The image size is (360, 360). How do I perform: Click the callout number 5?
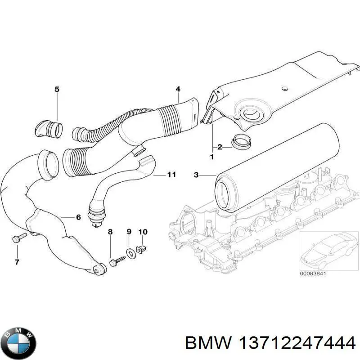point(57,90)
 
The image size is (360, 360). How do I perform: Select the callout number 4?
point(178,89)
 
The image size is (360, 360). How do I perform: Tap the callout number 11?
point(171,175)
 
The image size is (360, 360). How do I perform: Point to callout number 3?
point(196,175)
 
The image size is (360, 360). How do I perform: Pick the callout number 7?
point(17,262)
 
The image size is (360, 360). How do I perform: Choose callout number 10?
point(143,232)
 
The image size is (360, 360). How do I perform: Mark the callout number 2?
point(219,147)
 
